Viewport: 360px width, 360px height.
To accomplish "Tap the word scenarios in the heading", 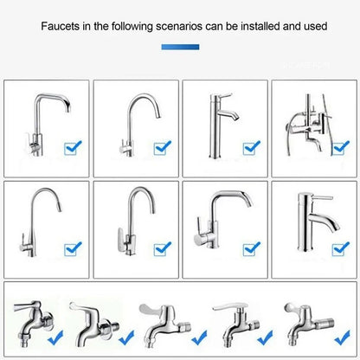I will (179, 26).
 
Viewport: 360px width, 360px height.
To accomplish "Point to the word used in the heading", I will (314, 26).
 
